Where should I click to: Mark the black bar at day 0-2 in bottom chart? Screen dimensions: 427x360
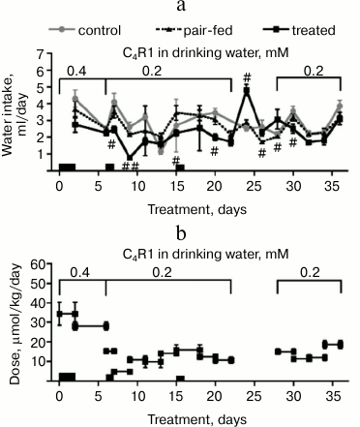click(67, 377)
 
